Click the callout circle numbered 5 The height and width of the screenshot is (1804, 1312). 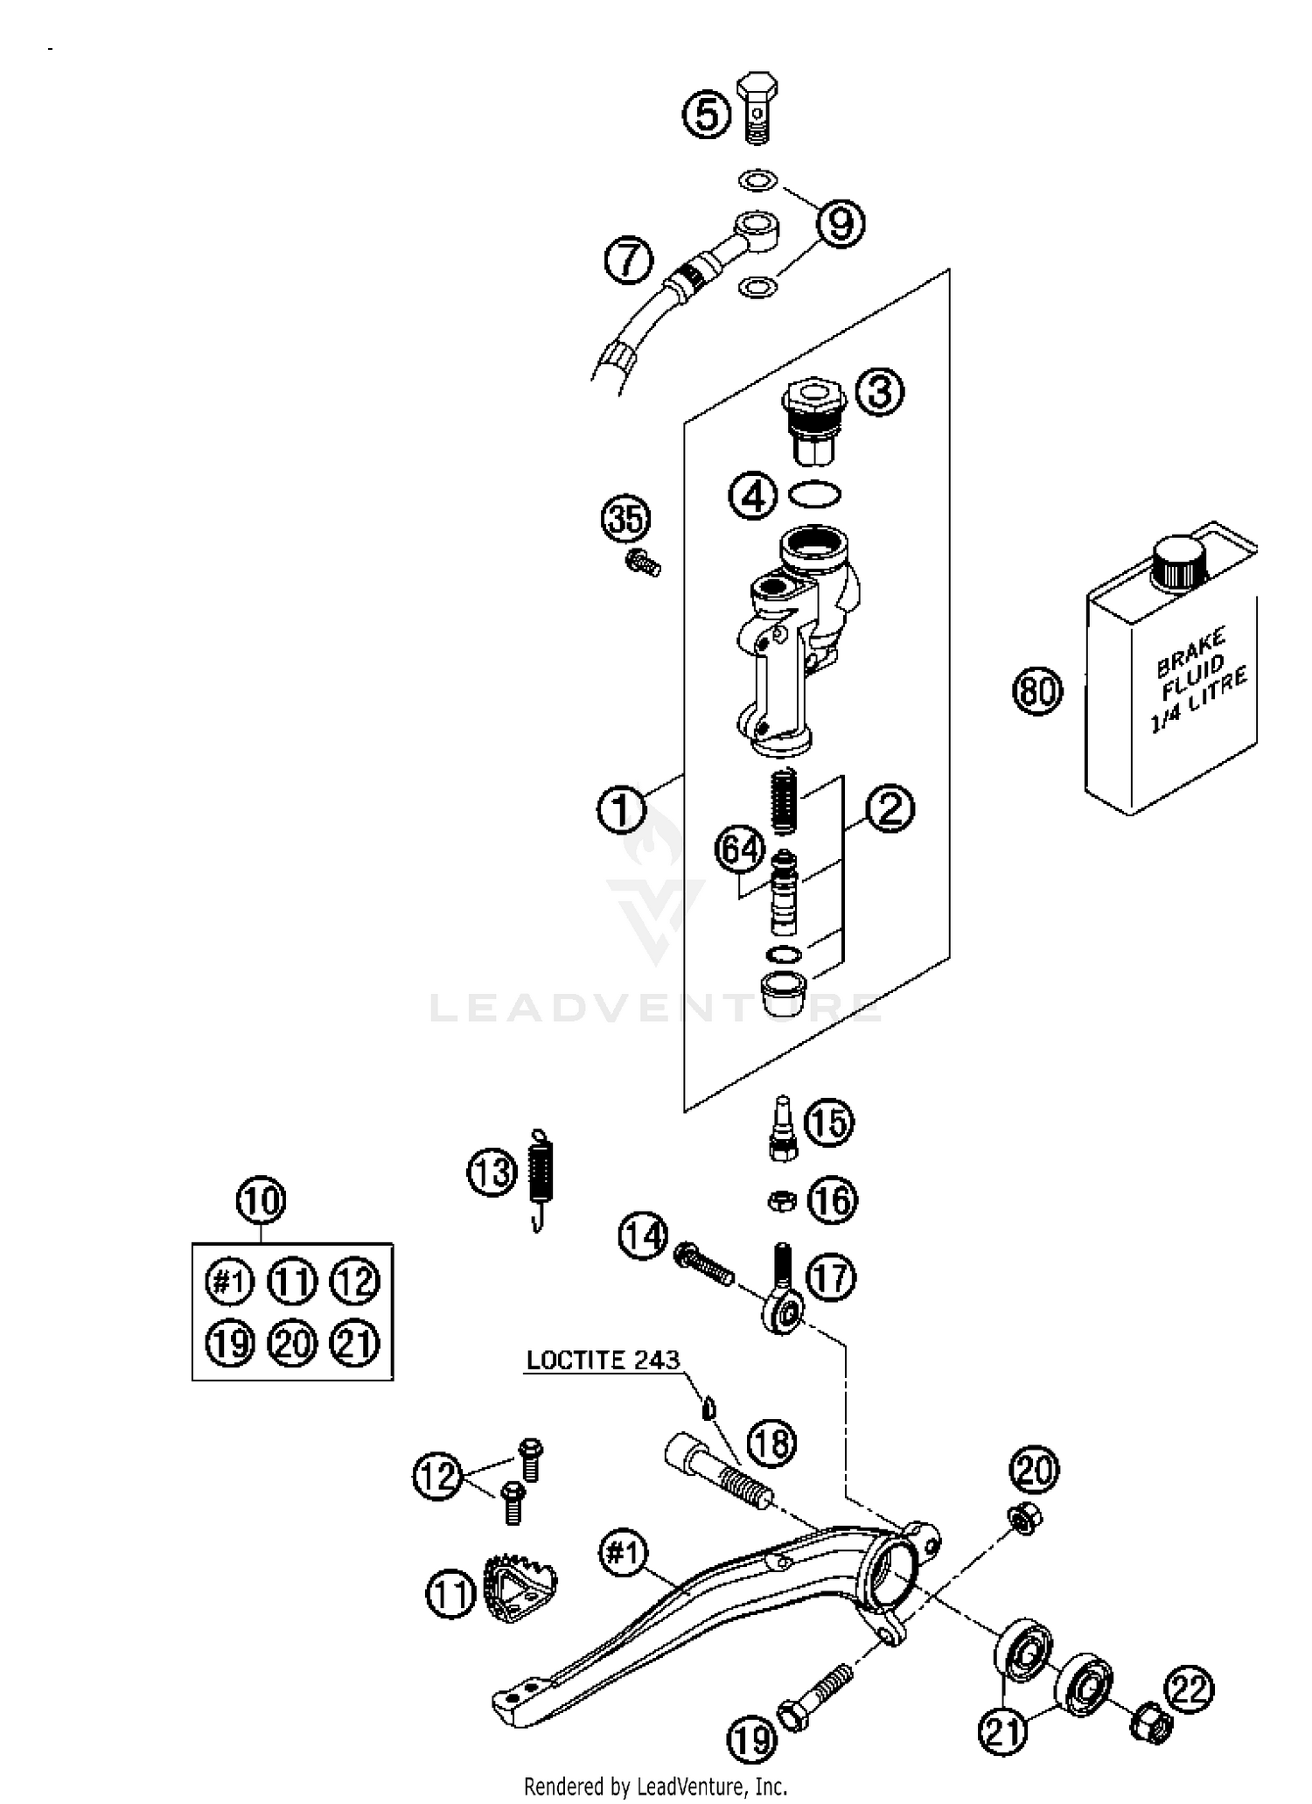[x=707, y=115]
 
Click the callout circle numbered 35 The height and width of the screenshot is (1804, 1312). [x=626, y=521]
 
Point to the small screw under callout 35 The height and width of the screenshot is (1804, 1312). [x=643, y=563]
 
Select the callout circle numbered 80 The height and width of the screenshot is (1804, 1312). [x=1037, y=691]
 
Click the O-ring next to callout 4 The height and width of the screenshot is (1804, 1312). [x=814, y=494]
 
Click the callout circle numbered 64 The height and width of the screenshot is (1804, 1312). [x=740, y=850]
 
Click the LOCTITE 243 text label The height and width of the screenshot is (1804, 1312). [x=603, y=1360]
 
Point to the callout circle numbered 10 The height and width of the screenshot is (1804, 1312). [x=262, y=1200]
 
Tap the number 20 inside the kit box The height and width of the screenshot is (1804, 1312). [x=292, y=1343]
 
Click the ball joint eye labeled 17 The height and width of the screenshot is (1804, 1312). [x=780, y=1312]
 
